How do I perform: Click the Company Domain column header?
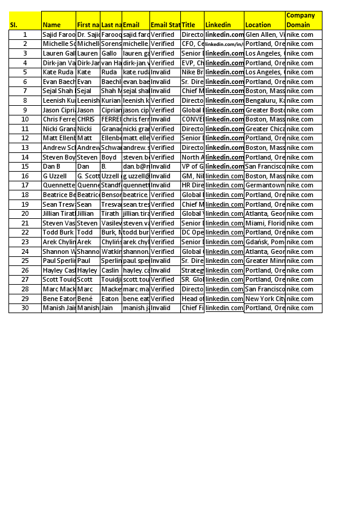coord(303,21)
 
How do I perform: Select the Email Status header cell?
coord(165,25)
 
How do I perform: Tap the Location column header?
coord(264,25)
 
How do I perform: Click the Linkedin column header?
coord(224,25)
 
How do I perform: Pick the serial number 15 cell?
coord(25,166)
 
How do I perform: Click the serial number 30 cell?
coord(25,308)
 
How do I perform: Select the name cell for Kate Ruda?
coord(58,72)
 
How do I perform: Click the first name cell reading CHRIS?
coord(88,119)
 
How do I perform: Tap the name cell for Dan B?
coord(58,166)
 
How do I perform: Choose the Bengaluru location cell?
coord(264,100)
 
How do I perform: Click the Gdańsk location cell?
coord(264,242)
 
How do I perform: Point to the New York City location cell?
coord(264,299)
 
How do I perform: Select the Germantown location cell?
coord(264,185)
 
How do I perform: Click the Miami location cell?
coord(264,223)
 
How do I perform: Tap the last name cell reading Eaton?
coord(111,299)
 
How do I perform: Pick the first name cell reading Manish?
coord(88,308)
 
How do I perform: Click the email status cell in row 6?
coord(165,82)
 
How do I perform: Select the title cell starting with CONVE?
coord(192,119)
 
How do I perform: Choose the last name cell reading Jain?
coord(111,308)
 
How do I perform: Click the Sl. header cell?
coord(25,25)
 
